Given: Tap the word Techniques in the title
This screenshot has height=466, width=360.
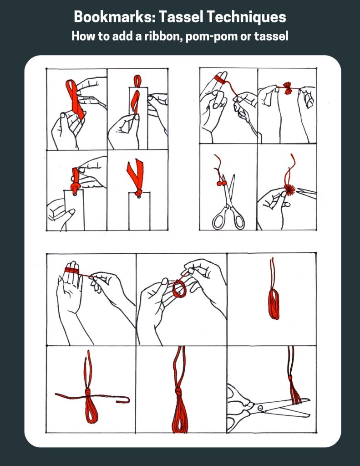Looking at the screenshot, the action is (x=246, y=17).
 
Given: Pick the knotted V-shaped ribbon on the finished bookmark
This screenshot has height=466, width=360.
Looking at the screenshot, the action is (x=136, y=177).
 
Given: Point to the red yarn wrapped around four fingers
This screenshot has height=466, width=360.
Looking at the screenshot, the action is (x=72, y=270).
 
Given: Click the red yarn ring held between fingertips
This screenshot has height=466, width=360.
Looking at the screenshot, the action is (x=179, y=289).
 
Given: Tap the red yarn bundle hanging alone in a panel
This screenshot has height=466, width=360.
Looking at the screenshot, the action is (x=274, y=303).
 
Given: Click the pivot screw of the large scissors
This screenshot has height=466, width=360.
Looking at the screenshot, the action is (x=260, y=407).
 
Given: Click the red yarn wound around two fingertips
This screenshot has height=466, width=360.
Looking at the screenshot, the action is (x=220, y=78).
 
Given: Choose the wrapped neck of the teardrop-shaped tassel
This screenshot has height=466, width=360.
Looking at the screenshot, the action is (x=178, y=392).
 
